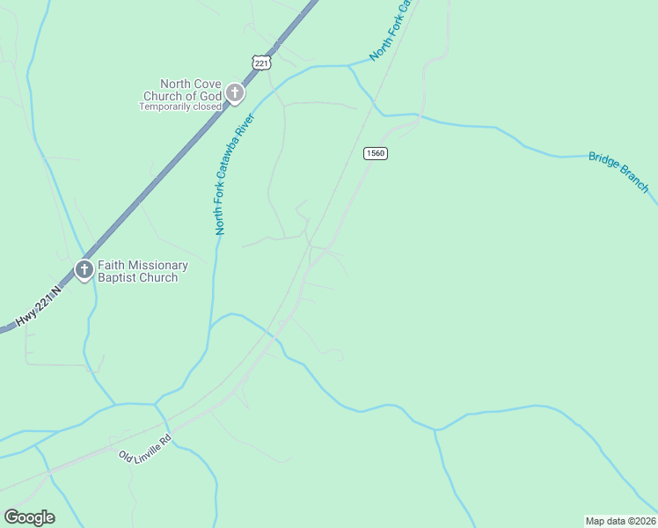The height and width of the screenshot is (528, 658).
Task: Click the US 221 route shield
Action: [x=260, y=62]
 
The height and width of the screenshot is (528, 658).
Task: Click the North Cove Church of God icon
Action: [x=235, y=92]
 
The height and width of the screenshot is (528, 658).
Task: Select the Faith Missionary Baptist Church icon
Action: [x=84, y=269]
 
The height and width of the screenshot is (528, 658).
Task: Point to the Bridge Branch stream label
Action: [x=618, y=172]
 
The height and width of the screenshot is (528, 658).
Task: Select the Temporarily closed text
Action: [x=180, y=107]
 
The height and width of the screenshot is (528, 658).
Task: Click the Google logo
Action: [x=29, y=517]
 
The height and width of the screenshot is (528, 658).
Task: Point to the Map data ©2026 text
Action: [x=621, y=520]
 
